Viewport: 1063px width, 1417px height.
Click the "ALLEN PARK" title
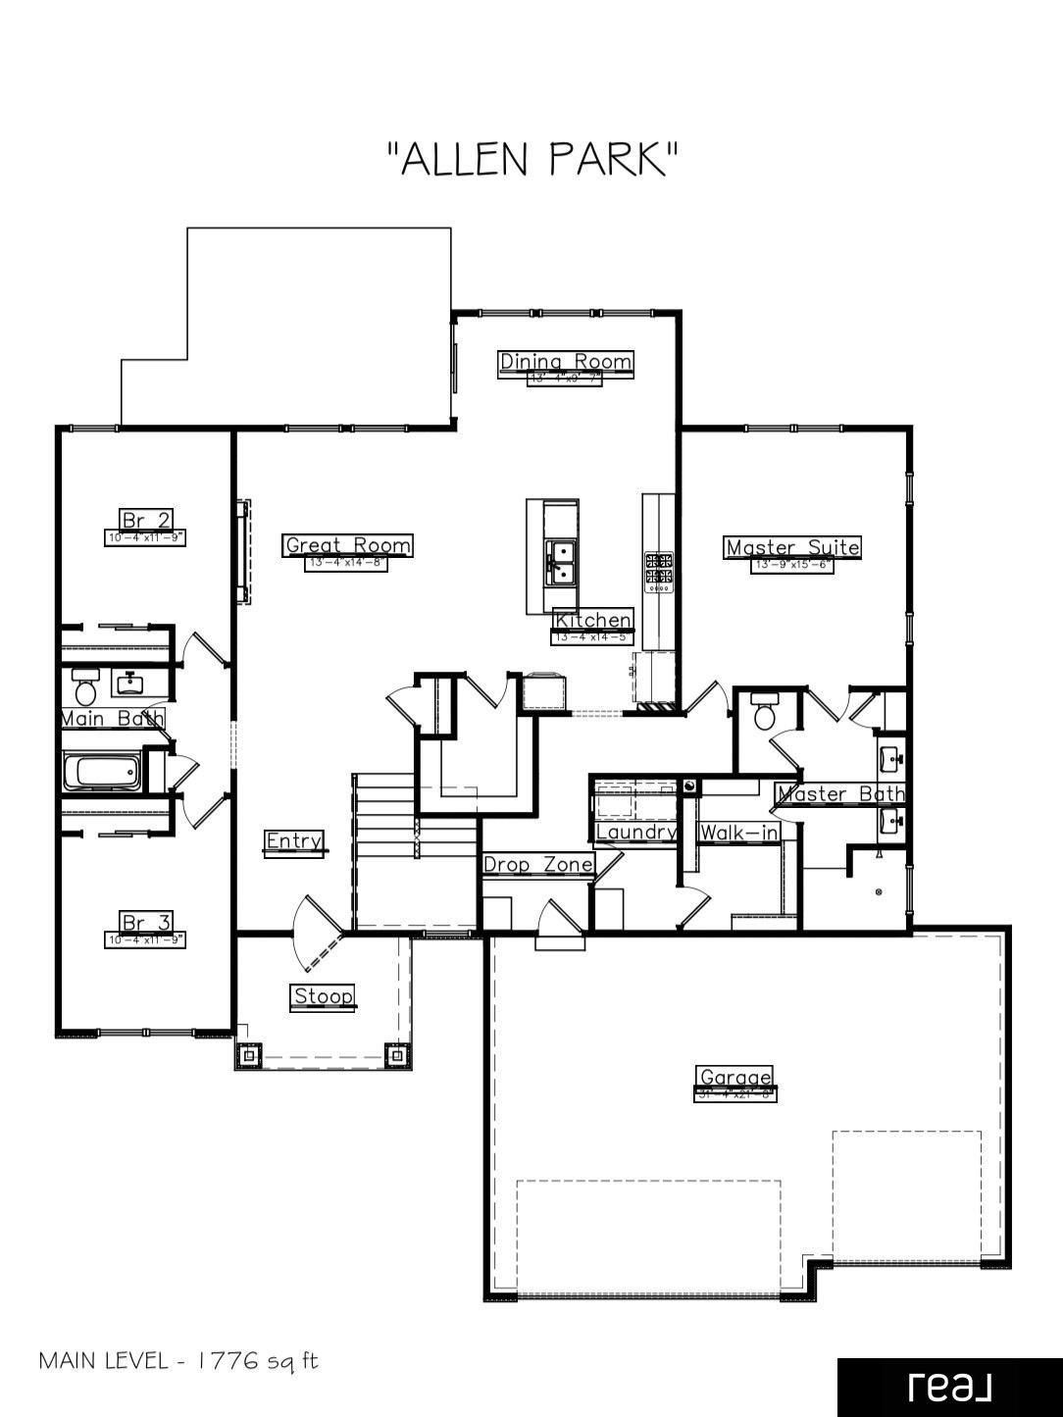click(x=532, y=159)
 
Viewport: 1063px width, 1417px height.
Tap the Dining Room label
click(x=566, y=362)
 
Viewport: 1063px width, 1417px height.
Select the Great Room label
click(x=348, y=545)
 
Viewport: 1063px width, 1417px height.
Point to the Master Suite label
click(x=792, y=547)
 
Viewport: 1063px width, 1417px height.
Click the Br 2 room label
click(x=145, y=519)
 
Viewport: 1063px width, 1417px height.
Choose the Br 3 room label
click(x=145, y=922)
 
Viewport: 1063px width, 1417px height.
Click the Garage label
click(x=735, y=1077)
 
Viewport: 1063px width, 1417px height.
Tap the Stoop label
click(x=324, y=996)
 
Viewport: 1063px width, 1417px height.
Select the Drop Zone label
click(x=538, y=864)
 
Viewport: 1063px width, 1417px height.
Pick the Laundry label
click(x=636, y=833)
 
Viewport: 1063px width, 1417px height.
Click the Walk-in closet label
click(x=739, y=833)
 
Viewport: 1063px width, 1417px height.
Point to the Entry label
click(x=294, y=841)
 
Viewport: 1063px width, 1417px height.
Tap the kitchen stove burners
click(x=659, y=572)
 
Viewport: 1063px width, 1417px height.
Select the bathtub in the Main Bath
click(x=102, y=772)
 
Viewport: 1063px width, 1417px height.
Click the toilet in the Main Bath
click(x=83, y=689)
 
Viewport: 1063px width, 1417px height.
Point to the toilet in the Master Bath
click(x=764, y=712)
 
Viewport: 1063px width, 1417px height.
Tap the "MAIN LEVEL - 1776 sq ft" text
click(x=178, y=1361)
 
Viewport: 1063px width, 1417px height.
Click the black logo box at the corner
click(x=949, y=1387)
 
